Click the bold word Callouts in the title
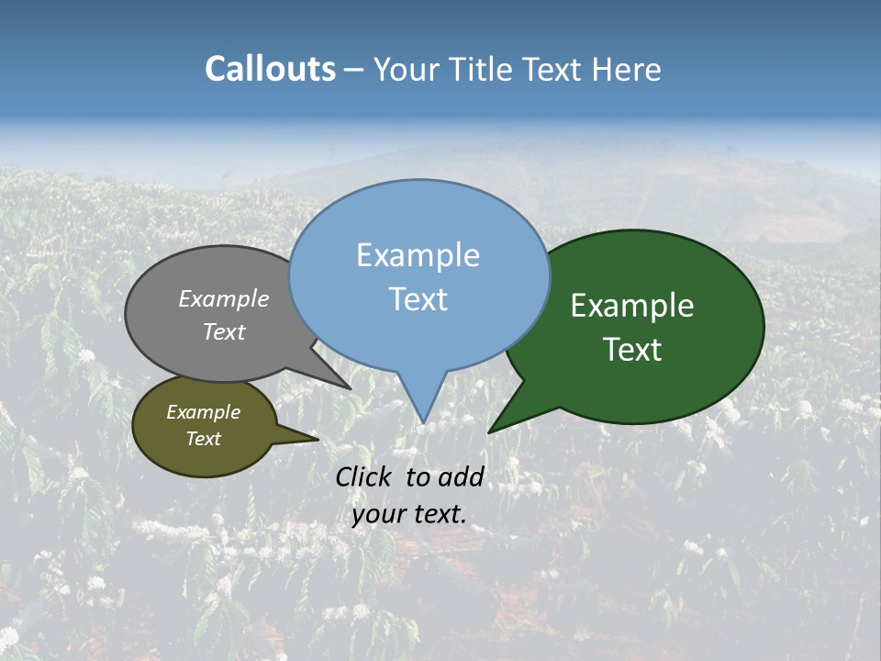pos(270,69)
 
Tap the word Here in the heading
pos(627,69)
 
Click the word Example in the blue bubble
pos(418,255)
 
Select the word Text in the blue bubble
pos(418,299)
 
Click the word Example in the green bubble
pos(632,306)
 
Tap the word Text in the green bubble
pos(633,350)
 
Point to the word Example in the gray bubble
pos(224,298)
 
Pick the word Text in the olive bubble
pos(204,439)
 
